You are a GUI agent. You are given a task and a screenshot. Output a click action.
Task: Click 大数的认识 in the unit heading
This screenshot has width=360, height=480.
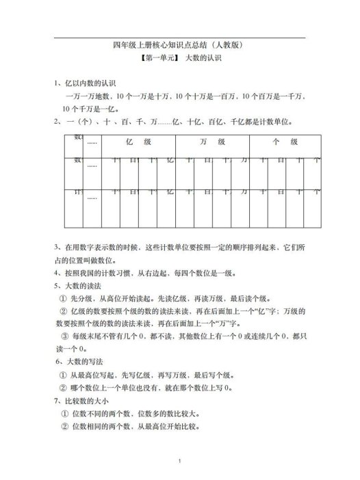[x=205, y=59]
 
